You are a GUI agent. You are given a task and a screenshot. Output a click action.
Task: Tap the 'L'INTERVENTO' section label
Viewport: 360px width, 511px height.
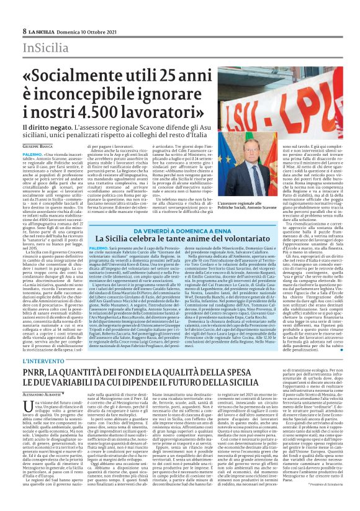[x=42, y=360]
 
